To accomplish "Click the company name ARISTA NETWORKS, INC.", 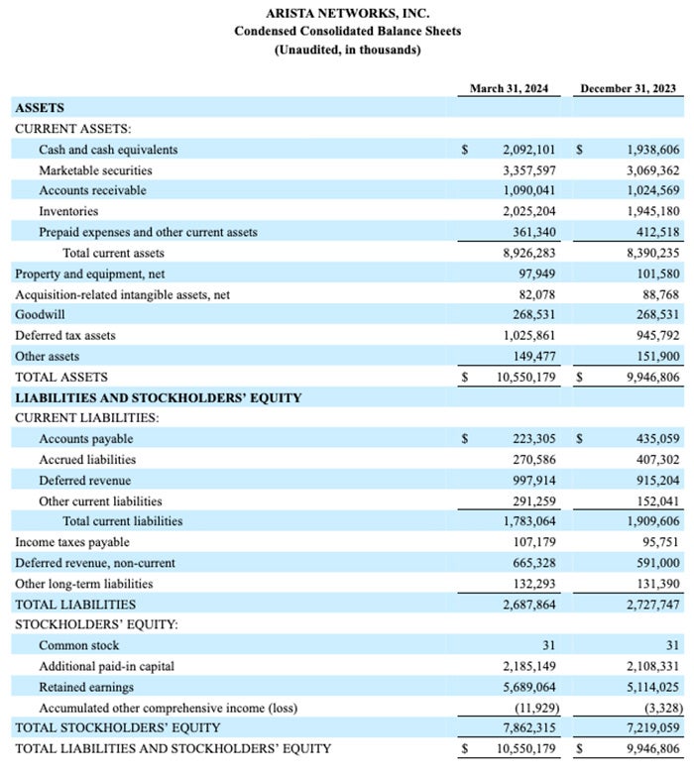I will pyautogui.click(x=347, y=13).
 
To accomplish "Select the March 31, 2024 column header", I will pyautogui.click(x=509, y=89).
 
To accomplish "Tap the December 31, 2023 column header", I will pyautogui.click(x=628, y=89).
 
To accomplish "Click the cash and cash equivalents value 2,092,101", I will pyautogui.click(x=527, y=150).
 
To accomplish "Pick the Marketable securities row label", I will pyautogui.click(x=95, y=170).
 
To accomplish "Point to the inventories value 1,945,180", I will pyautogui.click(x=652, y=211).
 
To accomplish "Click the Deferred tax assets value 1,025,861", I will pyautogui.click(x=527, y=335).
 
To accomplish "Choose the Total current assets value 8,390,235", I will pyautogui.click(x=652, y=253).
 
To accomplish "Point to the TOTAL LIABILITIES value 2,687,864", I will pyautogui.click(x=527, y=604).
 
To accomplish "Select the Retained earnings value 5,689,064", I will pyautogui.click(x=527, y=687).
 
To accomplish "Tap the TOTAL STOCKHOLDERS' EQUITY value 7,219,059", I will pyautogui.click(x=652, y=727).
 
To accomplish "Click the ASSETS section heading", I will pyautogui.click(x=40, y=108).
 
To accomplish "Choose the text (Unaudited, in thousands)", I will pyautogui.click(x=347, y=50).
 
